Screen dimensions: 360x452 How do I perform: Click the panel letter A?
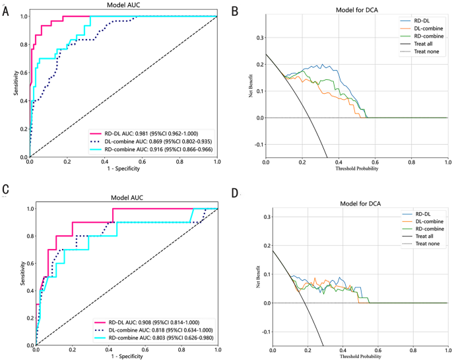point(6,12)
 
